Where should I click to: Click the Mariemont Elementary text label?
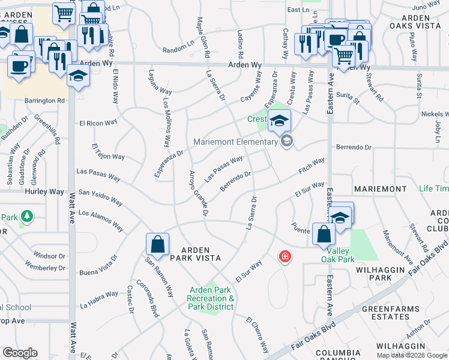[x=235, y=142]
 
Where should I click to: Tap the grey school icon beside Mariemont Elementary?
[x=286, y=142]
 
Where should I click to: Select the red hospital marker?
[x=285, y=257]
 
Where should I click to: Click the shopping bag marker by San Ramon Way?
[x=157, y=244]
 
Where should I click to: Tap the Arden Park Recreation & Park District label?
[x=210, y=298]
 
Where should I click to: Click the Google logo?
[x=20, y=353]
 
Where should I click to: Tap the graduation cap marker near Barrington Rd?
[x=78, y=76]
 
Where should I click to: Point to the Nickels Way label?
[x=435, y=113]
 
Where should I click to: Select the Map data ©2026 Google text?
[x=412, y=355]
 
